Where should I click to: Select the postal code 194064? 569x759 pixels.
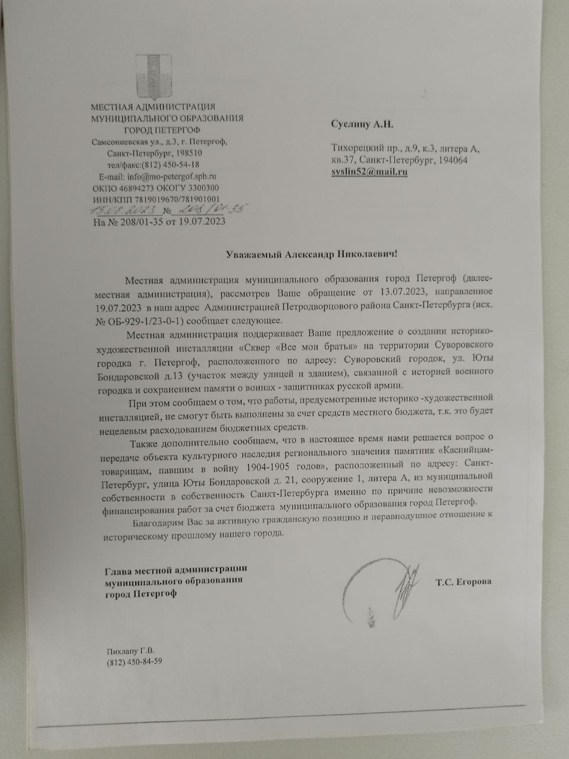click(452, 160)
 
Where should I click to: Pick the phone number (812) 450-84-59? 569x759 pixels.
click(135, 661)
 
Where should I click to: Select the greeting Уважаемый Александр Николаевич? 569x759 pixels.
click(310, 254)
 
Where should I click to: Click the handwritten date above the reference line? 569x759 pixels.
click(123, 211)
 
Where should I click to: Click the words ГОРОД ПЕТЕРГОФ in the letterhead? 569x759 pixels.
click(162, 130)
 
